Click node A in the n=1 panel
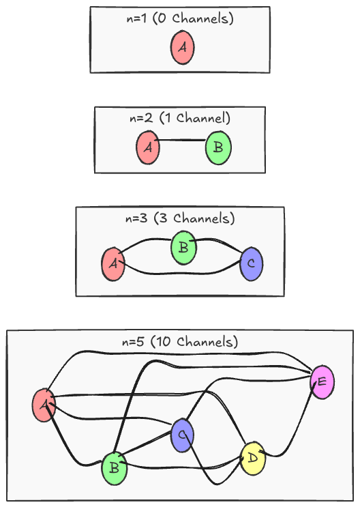point(183,48)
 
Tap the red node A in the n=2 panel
point(148,147)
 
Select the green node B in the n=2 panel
point(218,147)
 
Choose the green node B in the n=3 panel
point(183,247)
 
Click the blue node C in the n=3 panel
point(252,263)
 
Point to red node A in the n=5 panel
point(44,405)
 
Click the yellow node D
point(252,458)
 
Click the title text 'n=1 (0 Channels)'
point(181,19)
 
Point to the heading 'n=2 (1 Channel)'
point(180,118)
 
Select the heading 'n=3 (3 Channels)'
point(180,219)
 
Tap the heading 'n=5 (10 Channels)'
point(180,342)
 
